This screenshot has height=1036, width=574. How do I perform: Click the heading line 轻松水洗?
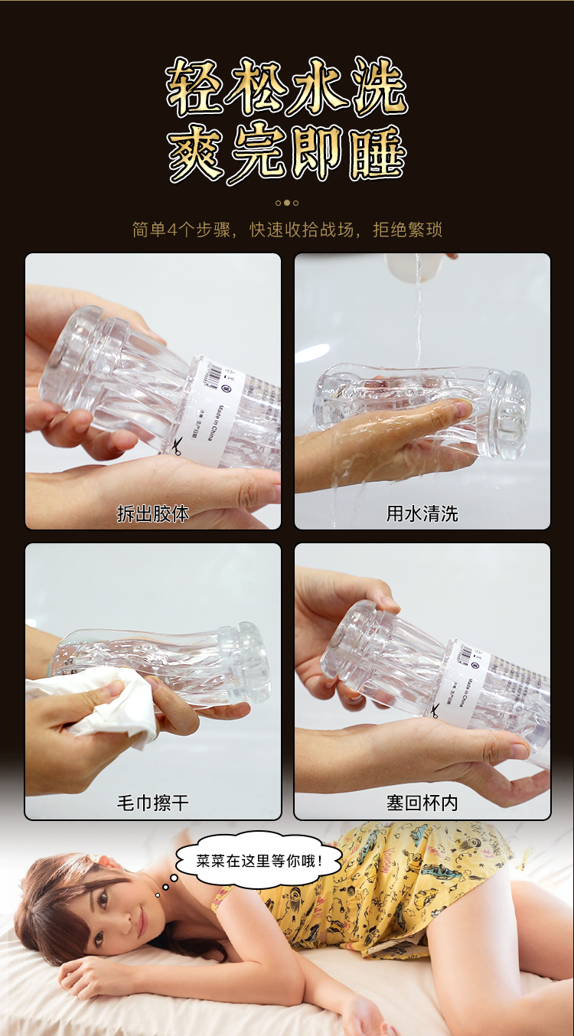tap(286, 86)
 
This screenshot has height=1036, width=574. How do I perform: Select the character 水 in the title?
tap(315, 86)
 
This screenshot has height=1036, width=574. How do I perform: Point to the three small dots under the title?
tap(287, 203)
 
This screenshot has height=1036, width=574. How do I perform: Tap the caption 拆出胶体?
tap(153, 513)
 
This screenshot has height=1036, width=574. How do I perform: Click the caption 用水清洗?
tap(422, 513)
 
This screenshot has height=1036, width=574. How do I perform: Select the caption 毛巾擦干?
tap(153, 803)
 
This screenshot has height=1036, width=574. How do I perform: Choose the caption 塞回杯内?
tap(422, 803)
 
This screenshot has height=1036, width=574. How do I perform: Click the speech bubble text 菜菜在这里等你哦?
tap(249, 861)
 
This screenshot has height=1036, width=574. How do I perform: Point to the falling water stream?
tap(418, 321)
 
